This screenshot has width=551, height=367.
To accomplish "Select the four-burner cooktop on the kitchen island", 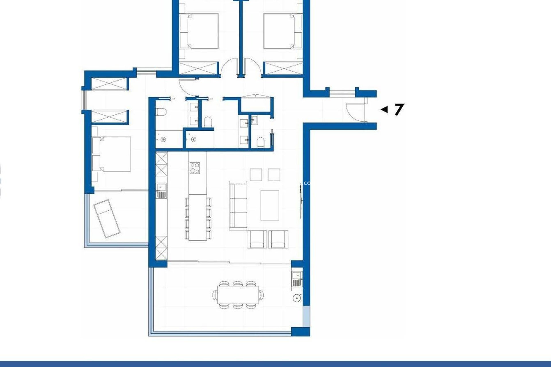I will click(195, 168).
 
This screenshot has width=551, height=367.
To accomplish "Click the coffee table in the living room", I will click(270, 205).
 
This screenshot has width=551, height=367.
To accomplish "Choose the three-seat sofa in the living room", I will click(238, 205).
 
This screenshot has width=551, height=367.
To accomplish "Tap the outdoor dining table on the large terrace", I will click(238, 294).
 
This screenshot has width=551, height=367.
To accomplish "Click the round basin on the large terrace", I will click(297, 298).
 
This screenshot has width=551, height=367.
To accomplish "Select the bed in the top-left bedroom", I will click(199, 31).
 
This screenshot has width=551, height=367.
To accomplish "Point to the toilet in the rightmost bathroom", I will click(260, 142).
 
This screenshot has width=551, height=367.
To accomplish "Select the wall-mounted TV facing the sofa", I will click(300, 201).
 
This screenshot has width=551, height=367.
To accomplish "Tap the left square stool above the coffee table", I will click(256, 175).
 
